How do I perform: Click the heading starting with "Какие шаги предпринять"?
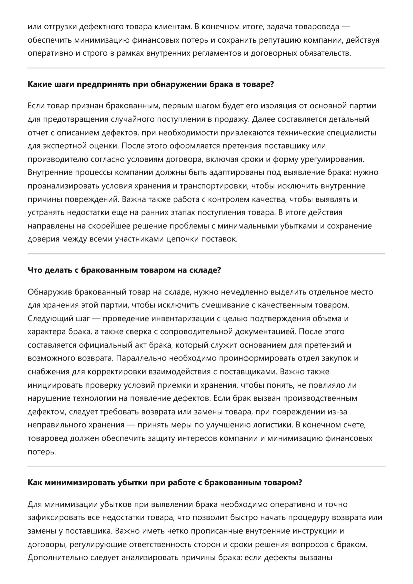(x=151, y=84)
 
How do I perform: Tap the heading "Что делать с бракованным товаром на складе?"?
(x=124, y=270)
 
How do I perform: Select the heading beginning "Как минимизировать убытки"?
(x=165, y=482)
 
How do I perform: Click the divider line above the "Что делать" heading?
(x=206, y=254)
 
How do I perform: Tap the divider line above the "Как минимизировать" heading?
(x=206, y=466)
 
